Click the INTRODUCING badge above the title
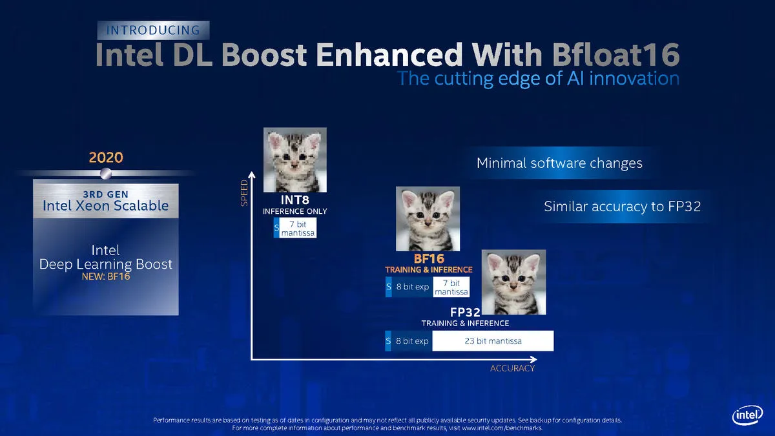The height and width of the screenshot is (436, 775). point(153,30)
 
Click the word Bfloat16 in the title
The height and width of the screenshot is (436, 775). point(616,54)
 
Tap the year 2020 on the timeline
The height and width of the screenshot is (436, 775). point(106,158)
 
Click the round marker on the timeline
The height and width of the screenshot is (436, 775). point(106,173)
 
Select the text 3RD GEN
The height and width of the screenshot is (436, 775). point(105,194)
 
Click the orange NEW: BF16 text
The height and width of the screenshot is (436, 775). point(106,276)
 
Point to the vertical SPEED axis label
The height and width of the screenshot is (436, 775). point(244,192)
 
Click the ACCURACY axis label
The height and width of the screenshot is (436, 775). point(512,368)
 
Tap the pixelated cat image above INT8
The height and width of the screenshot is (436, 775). point(294,160)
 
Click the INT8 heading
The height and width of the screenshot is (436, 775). point(294,200)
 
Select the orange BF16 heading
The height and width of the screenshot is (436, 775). point(429,259)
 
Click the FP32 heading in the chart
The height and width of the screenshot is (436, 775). point(465,313)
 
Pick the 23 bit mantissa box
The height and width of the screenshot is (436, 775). point(493,341)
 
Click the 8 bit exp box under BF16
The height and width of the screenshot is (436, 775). point(413,287)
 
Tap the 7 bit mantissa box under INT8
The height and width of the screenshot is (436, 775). point(298,228)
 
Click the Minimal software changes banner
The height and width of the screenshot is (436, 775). point(559,163)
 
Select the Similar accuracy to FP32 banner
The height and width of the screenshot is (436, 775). point(623,207)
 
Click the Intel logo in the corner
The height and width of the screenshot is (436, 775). point(748,415)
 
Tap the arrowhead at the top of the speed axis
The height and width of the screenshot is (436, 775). point(252,175)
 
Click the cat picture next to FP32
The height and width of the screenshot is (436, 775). point(514,282)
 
